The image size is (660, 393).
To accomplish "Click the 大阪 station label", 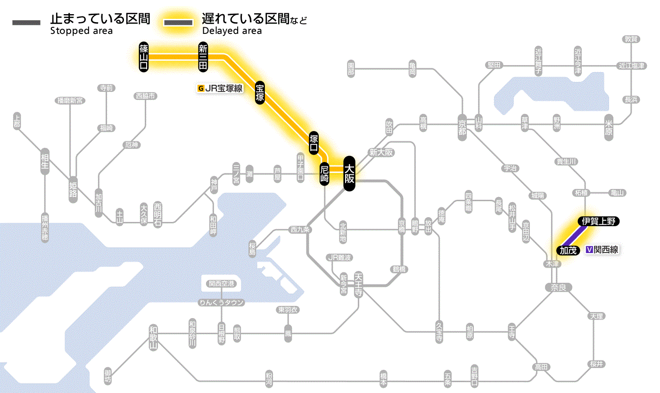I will coord(349,173).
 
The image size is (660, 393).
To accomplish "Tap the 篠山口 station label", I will coord(144,57).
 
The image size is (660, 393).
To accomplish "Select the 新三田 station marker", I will coord(203,57).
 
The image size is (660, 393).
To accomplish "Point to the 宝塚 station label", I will coord(260,92).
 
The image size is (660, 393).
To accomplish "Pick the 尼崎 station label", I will coord(324,174).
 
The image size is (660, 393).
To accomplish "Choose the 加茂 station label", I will coord(568,250).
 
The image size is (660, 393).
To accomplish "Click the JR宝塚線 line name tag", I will coord(221,88).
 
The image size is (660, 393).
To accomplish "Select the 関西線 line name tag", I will coord(602,250).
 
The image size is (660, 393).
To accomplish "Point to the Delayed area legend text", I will coord(231,31).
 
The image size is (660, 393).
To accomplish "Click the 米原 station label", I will coord(609,128).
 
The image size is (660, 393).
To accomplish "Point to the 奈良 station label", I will coord(558,287).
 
